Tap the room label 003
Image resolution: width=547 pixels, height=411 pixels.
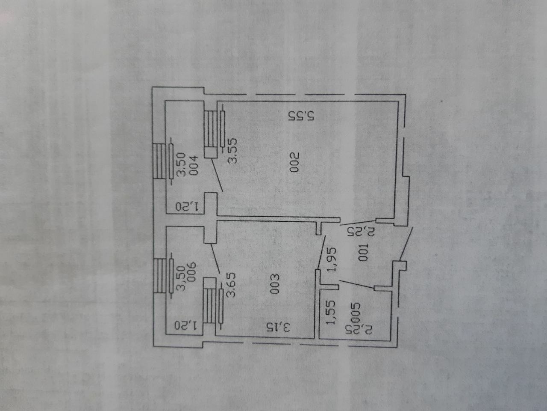pos(275,284)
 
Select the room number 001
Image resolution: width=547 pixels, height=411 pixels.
pos(363,252)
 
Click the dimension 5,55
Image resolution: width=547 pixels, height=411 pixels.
pos(302,116)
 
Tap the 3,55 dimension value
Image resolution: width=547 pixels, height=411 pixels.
pos(232,151)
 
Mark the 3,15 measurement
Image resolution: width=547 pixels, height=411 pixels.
pos(279,327)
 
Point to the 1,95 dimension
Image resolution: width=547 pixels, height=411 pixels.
pos(332,259)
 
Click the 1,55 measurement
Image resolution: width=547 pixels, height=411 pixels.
pos(331,312)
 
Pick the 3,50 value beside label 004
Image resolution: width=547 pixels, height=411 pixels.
pos(181,165)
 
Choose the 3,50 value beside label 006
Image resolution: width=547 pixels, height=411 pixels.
pos(181,279)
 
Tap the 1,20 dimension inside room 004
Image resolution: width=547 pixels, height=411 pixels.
pos(188,207)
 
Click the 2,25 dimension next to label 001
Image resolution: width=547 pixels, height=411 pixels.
pos(361,232)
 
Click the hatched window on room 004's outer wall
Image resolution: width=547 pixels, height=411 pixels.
pos(159,161)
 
